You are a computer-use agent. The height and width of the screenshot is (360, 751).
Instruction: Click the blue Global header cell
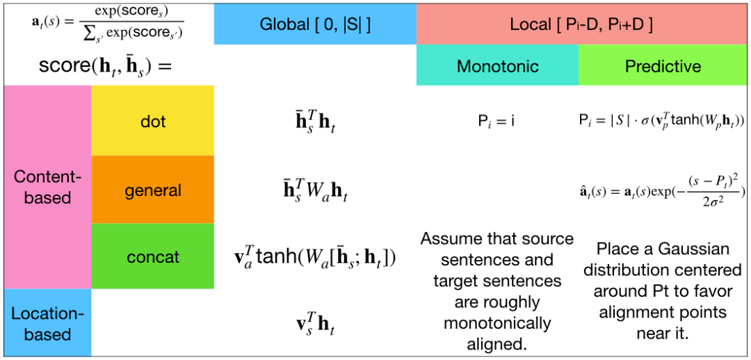pos(315,25)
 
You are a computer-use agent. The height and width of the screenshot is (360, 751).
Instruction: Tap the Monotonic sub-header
pos(497,67)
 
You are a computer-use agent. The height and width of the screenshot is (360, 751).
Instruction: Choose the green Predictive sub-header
pos(663,67)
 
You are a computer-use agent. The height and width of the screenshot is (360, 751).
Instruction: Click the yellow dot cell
pos(153,122)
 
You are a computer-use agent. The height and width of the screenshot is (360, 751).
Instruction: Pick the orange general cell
pos(153,190)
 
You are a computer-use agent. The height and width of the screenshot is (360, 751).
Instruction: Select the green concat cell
pos(153,257)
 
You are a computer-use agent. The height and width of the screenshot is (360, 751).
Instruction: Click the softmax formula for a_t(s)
pos(108,24)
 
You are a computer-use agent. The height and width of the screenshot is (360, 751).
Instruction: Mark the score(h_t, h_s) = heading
pos(105,67)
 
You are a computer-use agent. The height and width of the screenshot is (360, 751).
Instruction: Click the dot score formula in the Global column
pos(315,122)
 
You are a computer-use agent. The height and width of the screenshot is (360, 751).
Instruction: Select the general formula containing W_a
pos(315,190)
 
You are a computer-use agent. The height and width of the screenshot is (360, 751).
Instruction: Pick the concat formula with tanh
pos(315,258)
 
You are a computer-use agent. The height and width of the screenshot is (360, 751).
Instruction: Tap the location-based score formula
pos(315,325)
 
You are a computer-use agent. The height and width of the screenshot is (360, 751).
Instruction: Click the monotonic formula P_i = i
pos(496,122)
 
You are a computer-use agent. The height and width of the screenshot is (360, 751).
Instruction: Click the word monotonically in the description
pos(497,323)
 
